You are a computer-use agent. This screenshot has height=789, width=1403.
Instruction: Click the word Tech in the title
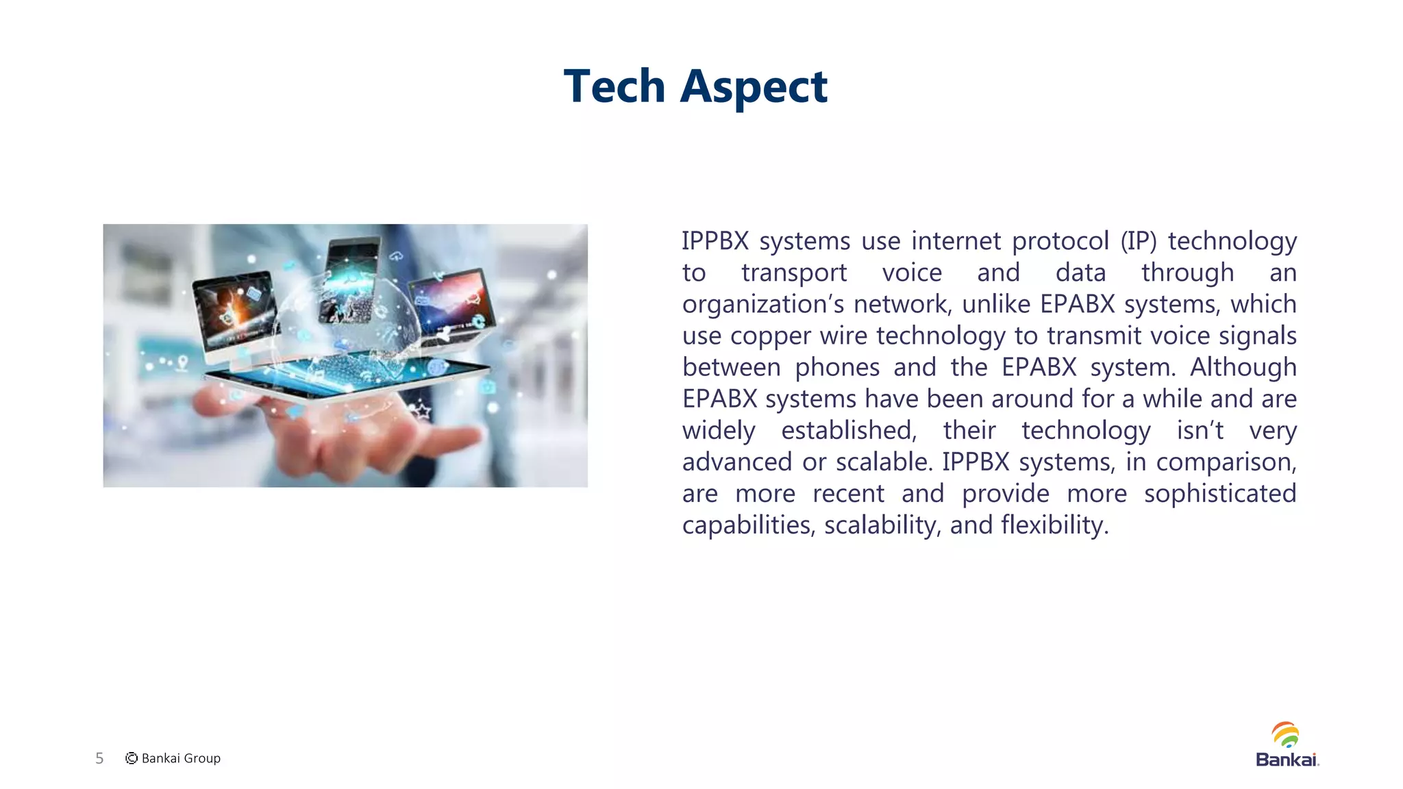coord(614,87)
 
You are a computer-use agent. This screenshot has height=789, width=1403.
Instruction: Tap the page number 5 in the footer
coord(99,758)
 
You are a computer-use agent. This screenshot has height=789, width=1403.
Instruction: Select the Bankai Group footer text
coord(181,758)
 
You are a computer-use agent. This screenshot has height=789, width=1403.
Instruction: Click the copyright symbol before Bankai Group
coord(132,758)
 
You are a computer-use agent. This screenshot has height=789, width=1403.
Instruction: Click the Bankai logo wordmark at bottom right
coord(1287,760)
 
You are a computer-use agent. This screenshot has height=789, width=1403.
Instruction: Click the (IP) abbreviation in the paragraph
coord(1138,241)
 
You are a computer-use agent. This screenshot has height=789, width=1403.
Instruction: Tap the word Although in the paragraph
coord(1243,368)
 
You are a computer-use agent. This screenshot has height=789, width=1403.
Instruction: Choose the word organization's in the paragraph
coord(762,305)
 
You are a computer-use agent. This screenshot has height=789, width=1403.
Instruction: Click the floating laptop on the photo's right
coord(452,305)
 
